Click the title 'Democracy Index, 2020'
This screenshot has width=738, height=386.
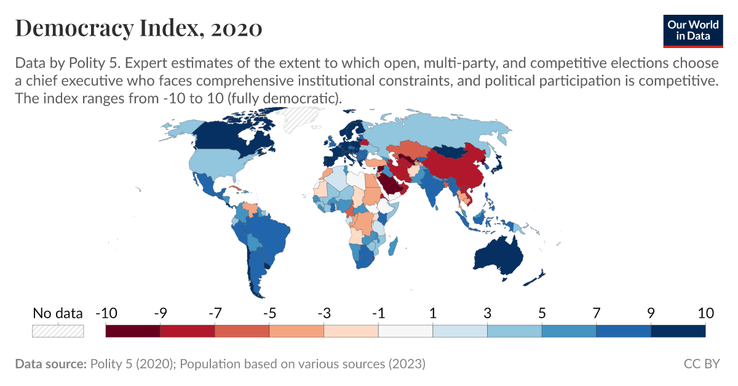coord(138,28)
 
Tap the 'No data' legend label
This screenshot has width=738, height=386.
coord(57,313)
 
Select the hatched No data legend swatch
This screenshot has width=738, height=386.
coord(57,331)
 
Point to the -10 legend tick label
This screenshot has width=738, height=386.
coord(106,313)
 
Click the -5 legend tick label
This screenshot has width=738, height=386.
coord(269,313)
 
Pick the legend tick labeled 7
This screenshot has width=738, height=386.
coord(596,313)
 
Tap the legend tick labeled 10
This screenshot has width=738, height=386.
coord(705,313)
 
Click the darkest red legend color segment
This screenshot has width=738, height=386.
coord(133,331)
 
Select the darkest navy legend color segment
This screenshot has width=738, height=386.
coord(678,331)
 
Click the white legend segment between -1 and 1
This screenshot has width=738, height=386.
coord(405,331)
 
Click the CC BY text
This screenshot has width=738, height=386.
coord(701,364)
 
